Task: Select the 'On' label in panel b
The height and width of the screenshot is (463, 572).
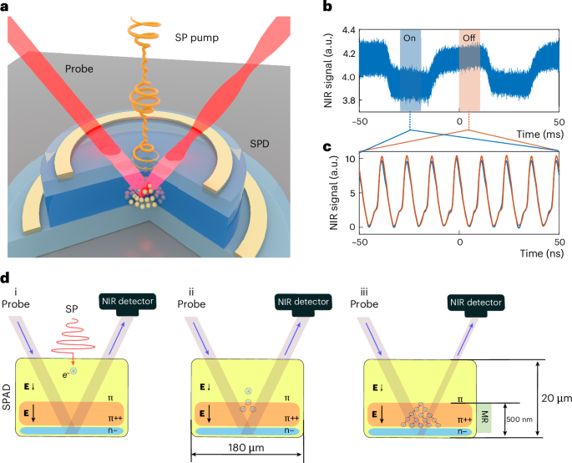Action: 409,38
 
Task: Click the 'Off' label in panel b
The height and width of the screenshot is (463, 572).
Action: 469,38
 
